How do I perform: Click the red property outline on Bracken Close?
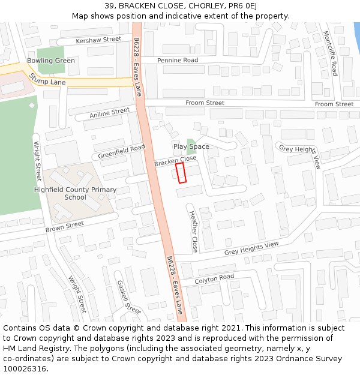[x=181, y=172]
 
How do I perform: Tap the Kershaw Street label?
[x=98, y=40]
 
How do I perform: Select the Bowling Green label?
[x=51, y=61]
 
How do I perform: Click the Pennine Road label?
[x=178, y=61]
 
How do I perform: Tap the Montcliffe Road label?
[x=330, y=53]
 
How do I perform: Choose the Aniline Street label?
[x=109, y=113]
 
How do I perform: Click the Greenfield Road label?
[x=122, y=151]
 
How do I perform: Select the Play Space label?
[x=191, y=146]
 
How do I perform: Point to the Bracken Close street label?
[x=175, y=161]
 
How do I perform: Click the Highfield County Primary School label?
[x=75, y=193]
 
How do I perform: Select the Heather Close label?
[x=193, y=231]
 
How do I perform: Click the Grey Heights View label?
[x=252, y=248]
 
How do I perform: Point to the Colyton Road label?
[x=214, y=278]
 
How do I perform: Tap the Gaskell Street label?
[x=128, y=297]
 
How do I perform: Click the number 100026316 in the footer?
[x=25, y=368]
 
